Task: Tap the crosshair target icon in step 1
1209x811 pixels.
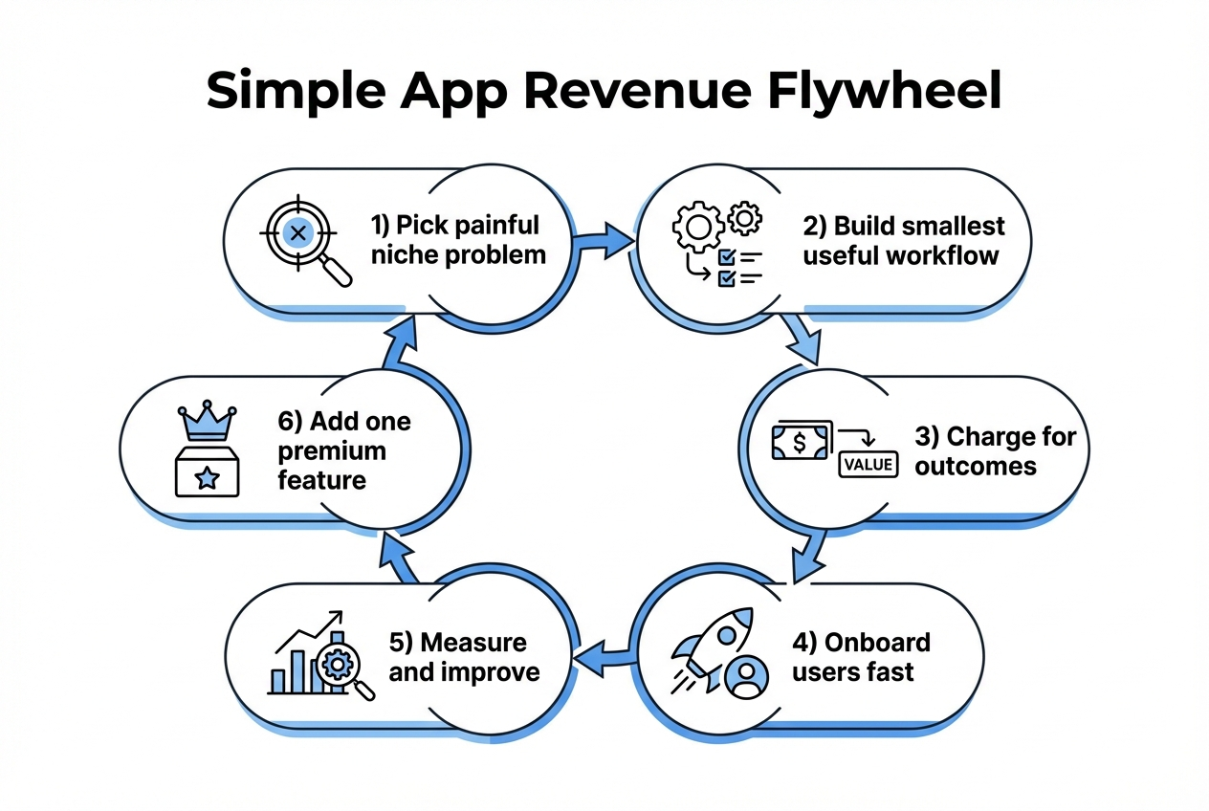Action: (x=297, y=232)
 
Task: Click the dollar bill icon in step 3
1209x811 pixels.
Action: (x=801, y=441)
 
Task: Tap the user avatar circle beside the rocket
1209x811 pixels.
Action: (x=746, y=676)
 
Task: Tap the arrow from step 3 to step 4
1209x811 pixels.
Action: (x=809, y=556)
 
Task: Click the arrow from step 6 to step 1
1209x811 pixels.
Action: (x=400, y=340)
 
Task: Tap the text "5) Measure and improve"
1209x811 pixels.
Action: (x=464, y=656)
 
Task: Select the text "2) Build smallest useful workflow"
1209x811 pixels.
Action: (x=902, y=240)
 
